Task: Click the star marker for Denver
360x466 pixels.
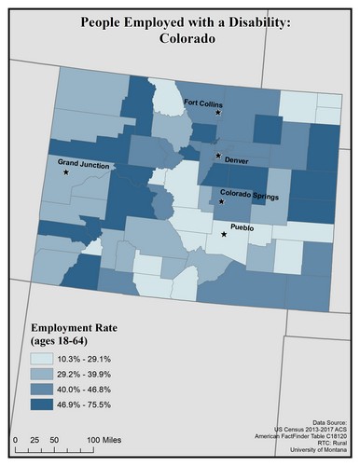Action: click(x=218, y=156)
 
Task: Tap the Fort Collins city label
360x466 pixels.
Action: click(x=201, y=103)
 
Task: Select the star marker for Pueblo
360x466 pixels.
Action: click(x=224, y=235)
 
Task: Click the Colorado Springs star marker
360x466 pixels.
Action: click(x=221, y=201)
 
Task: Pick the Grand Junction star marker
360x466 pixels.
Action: click(x=66, y=172)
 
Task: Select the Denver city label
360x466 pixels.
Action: click(x=237, y=160)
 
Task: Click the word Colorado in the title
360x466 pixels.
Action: click(x=179, y=41)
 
